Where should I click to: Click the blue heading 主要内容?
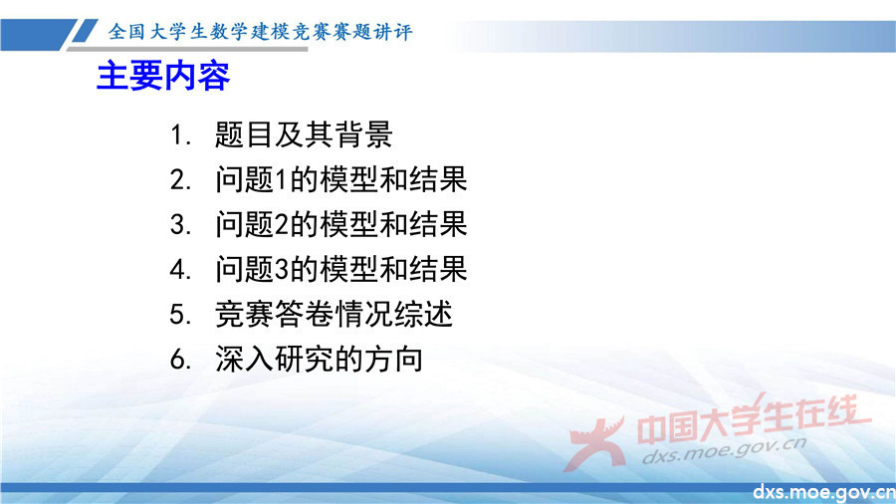[163, 76]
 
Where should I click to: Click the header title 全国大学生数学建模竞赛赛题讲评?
[260, 32]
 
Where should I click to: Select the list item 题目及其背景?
[304, 134]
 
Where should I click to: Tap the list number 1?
[178, 134]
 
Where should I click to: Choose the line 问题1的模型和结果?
[340, 180]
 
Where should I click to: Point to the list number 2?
[179, 180]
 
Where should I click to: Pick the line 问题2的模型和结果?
[340, 225]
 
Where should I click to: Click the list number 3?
[179, 225]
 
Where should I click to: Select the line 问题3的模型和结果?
[340, 270]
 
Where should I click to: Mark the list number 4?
[179, 270]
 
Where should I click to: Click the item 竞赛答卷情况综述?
[334, 315]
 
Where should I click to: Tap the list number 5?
[179, 315]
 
